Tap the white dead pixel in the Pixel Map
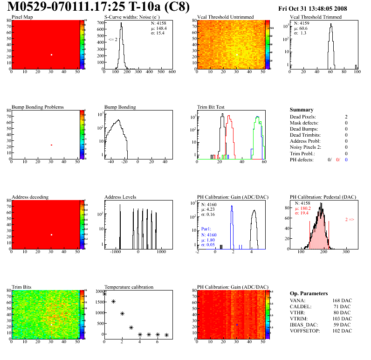click(x=51, y=55)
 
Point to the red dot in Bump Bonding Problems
click(x=51, y=145)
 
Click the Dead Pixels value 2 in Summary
click(x=346, y=117)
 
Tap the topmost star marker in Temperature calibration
click(x=104, y=294)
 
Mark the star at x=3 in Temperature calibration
click(x=131, y=327)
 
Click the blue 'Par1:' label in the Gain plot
click(x=207, y=229)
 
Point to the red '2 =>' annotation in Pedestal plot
click(x=350, y=219)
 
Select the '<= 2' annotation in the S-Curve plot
click(x=113, y=40)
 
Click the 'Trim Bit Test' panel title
click(x=211, y=107)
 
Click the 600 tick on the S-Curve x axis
click(x=172, y=72)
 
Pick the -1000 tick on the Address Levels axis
click(x=114, y=252)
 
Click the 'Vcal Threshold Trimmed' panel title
click(x=316, y=17)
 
